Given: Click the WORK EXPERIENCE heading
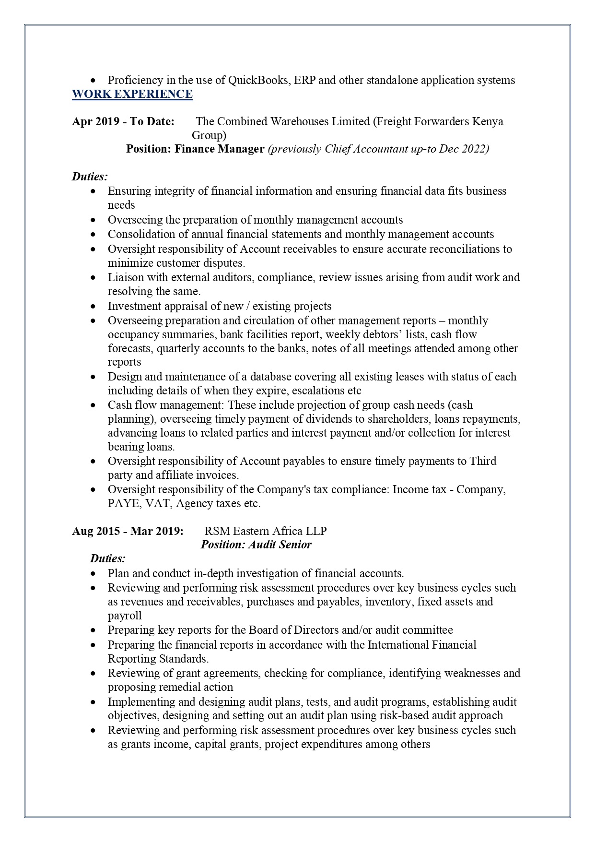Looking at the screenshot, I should tap(132, 94).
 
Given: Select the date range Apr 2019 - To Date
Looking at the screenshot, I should tap(123, 121).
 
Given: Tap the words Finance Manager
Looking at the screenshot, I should tap(219, 149).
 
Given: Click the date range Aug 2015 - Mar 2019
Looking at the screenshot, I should tap(128, 531).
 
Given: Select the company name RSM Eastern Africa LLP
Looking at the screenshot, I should tap(266, 531).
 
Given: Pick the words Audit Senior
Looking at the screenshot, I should tap(280, 545).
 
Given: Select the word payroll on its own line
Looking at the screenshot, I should tap(125, 616).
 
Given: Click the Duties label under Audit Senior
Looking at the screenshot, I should tap(108, 558).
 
